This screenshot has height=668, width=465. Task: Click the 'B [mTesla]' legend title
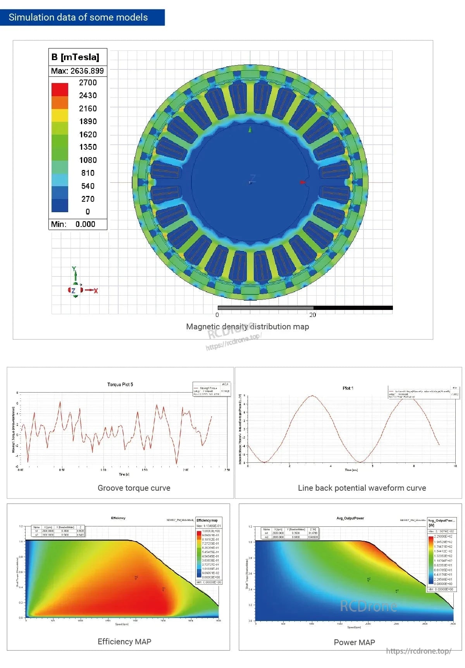(75, 57)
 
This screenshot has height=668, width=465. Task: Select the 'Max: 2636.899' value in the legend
(77, 71)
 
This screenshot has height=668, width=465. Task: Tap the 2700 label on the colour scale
(88, 83)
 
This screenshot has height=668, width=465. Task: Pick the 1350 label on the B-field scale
(88, 147)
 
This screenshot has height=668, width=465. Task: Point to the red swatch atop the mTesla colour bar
(60, 89)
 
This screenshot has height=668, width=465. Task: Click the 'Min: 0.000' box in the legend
(77, 224)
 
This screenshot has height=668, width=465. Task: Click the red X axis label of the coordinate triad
(96, 291)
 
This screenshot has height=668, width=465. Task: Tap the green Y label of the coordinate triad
(74, 269)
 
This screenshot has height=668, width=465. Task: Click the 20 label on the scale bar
(312, 315)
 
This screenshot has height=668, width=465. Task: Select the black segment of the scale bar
(353, 308)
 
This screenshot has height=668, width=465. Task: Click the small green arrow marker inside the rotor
(250, 129)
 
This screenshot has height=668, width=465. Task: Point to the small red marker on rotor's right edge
(303, 182)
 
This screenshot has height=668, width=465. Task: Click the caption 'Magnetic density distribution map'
(247, 327)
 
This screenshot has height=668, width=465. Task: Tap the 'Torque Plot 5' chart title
(120, 384)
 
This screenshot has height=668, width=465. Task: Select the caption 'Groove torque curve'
(134, 488)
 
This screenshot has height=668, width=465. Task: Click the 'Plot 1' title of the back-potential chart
(348, 388)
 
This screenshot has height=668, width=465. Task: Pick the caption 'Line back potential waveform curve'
(362, 488)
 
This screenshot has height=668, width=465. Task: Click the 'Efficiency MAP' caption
(124, 642)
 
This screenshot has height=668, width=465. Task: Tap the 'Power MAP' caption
(354, 642)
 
